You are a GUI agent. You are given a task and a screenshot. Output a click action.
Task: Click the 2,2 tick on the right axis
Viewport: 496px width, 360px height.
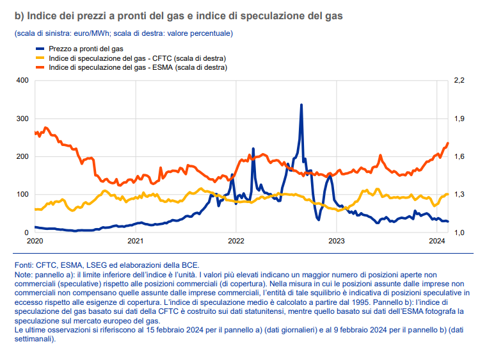[x=460, y=81]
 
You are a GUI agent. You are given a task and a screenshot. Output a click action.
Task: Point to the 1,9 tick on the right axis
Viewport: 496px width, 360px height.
[x=460, y=119]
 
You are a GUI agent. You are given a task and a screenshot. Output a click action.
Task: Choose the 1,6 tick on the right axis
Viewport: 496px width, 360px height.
[x=460, y=157]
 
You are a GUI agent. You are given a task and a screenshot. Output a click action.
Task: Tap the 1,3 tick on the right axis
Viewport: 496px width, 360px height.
[x=460, y=195]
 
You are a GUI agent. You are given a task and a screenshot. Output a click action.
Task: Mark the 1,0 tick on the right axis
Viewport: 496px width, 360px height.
[x=460, y=233]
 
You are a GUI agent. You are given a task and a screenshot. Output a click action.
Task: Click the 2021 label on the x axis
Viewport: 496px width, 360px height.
[x=135, y=241]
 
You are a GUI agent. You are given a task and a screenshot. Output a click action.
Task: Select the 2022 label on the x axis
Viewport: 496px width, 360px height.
[x=236, y=241]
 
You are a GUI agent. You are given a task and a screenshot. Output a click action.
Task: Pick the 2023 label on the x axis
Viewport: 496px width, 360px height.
[x=337, y=241]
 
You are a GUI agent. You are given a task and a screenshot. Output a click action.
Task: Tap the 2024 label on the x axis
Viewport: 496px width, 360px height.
[x=437, y=241]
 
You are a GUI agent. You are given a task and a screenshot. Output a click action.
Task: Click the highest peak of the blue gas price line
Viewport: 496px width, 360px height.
[x=301, y=105]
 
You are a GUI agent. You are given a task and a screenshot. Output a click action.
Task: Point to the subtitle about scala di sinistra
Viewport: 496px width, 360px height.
[x=123, y=33]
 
